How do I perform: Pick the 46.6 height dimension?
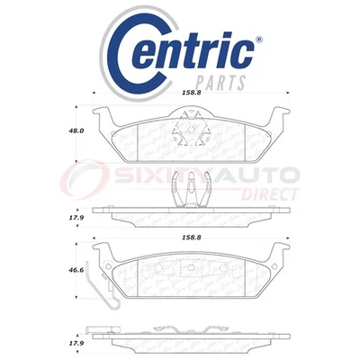click(77, 269)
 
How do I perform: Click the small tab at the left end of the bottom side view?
click(94, 329)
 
